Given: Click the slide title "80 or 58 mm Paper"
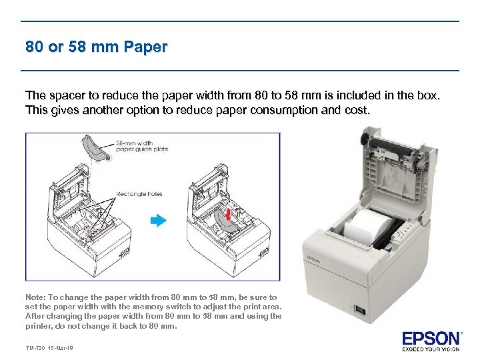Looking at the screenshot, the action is pos(97,47).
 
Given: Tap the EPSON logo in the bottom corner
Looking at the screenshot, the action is pos(431,339).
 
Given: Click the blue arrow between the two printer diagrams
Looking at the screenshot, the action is pos(159,220).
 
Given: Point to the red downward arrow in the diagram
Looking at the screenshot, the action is pos(228,214).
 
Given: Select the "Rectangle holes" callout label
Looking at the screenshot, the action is pos(139,194).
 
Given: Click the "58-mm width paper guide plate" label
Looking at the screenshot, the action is pos(142,146).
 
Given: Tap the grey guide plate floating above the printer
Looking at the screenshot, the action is pos(96,148).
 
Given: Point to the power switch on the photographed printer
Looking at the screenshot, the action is pos(360,311).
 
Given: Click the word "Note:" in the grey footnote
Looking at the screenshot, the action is pos(36,297).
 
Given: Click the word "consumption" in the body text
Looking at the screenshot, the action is pos(284,110).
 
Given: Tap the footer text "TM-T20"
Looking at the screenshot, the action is pos(35,348).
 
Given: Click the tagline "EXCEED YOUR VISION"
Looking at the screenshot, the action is pos(431,349).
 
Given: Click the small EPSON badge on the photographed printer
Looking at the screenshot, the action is pos(313,259).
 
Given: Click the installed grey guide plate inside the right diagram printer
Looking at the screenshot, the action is pos(223,221).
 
